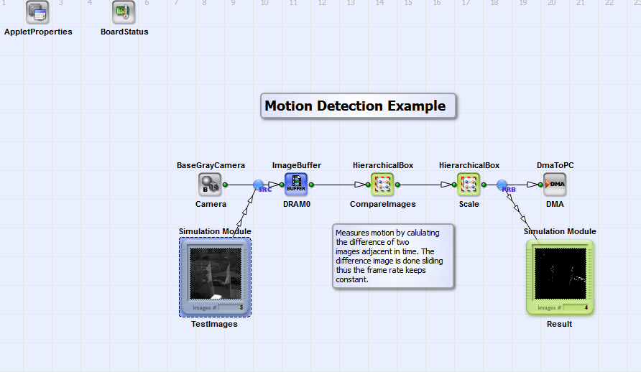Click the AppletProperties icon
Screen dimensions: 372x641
coord(37,12)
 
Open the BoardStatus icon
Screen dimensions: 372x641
coord(124,12)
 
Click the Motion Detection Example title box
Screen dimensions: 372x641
coord(358,106)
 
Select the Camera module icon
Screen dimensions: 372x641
coord(210,185)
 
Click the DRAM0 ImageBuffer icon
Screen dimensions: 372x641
coord(296,185)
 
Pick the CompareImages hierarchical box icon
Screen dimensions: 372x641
coord(382,185)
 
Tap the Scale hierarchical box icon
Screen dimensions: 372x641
coord(469,185)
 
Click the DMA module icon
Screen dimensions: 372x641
coord(555,185)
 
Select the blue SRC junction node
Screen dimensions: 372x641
coord(259,185)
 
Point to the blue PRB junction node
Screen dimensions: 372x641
coord(502,185)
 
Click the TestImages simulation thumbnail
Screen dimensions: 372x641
coord(215,276)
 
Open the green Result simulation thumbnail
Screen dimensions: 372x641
coord(560,276)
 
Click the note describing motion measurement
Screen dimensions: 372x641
coord(392,256)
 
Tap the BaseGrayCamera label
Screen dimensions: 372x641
coord(211,165)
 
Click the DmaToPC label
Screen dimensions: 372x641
coord(555,165)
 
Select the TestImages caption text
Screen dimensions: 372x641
coord(214,324)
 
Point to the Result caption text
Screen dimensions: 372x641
coord(559,324)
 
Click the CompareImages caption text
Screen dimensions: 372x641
coord(382,204)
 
